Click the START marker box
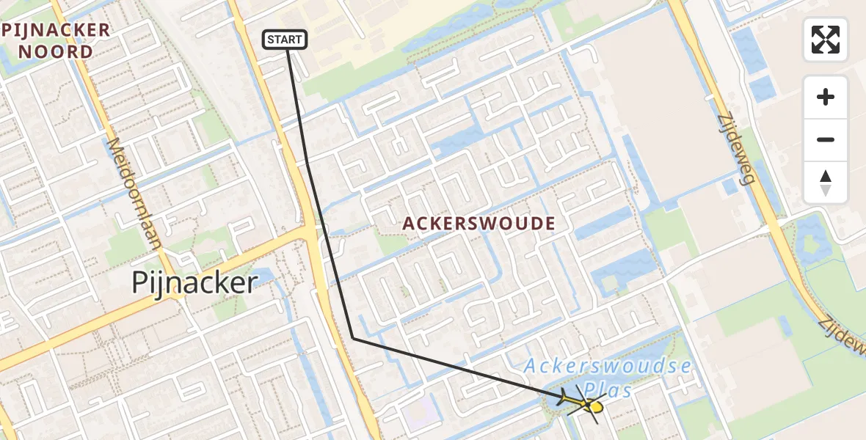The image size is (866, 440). click(285, 40)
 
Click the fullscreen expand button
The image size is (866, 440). click(826, 40)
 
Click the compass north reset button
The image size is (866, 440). click(826, 183)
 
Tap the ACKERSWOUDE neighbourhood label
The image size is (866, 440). click(478, 223)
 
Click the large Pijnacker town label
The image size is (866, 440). click(194, 282)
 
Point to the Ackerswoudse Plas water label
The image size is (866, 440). click(608, 377)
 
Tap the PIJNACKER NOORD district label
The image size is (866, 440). click(57, 41)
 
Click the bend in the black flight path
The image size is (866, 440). click(353, 338)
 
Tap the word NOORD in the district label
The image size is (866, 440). click(57, 52)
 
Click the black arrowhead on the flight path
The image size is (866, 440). click(564, 398)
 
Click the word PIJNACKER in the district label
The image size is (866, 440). click(57, 30)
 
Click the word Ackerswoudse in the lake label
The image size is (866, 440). click(608, 366)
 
